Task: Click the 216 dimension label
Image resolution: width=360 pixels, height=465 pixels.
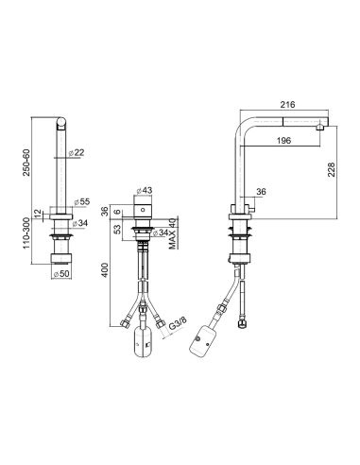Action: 287,104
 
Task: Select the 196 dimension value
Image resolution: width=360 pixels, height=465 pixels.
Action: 283,140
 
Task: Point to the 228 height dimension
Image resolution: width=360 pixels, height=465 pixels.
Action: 332,169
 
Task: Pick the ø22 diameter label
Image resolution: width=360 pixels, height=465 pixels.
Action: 77,152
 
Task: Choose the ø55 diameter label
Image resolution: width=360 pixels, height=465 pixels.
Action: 82,201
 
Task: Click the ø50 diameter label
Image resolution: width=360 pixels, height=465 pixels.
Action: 61,274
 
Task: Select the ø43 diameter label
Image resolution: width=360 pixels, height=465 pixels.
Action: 145,190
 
